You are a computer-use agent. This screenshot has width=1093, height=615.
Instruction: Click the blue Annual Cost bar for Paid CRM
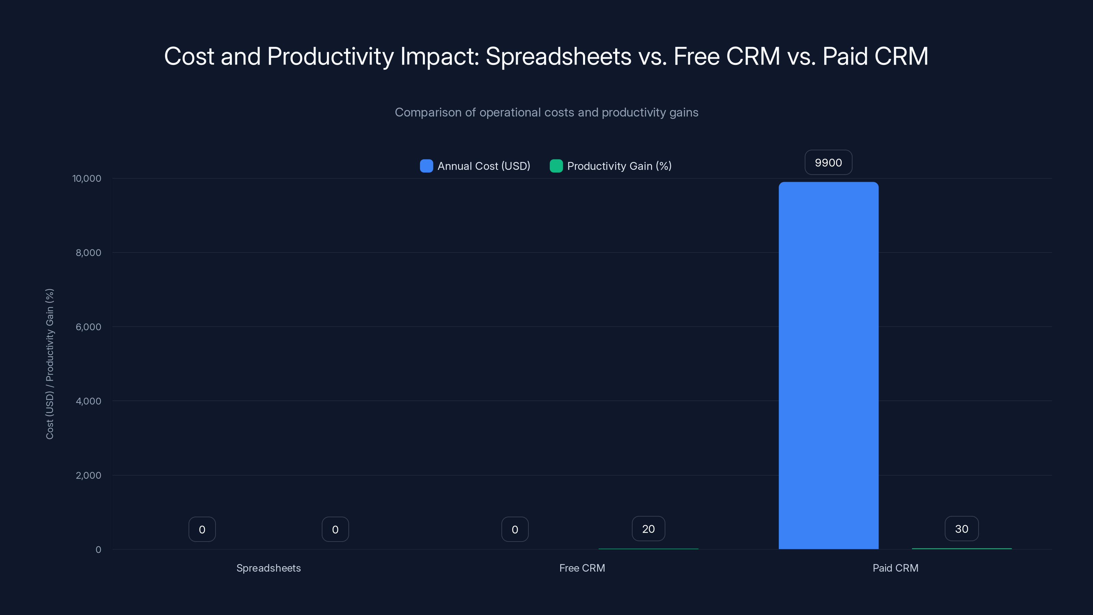point(828,365)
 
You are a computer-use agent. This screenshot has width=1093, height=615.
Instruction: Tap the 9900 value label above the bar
point(828,163)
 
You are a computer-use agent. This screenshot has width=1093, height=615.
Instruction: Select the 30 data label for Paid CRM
point(961,529)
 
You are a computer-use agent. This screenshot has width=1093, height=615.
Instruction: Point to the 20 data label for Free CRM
point(648,529)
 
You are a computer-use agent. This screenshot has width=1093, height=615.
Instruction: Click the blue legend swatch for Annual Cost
point(426,166)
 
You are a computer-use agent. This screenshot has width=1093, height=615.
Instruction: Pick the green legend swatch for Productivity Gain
point(556,166)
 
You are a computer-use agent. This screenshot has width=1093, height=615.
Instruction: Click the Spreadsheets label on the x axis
point(268,568)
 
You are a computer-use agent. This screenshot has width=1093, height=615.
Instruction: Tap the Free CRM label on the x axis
point(582,568)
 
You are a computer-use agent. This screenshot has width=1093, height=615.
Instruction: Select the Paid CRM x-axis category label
point(895,568)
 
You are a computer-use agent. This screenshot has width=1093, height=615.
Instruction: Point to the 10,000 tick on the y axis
point(87,179)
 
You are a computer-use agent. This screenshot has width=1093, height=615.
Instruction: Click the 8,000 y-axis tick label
point(88,253)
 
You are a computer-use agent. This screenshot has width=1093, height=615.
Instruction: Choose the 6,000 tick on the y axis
point(88,327)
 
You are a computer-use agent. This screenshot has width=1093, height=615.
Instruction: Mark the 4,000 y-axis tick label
point(88,401)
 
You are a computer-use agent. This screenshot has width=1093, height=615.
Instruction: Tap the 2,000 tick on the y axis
point(88,475)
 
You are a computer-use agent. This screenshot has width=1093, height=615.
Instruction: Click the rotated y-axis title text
point(50,364)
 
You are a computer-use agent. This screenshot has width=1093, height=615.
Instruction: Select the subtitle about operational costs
point(546,112)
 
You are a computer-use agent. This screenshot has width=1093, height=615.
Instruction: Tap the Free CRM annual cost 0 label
point(515,529)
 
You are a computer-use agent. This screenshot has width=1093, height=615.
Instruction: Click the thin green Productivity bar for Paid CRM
point(961,548)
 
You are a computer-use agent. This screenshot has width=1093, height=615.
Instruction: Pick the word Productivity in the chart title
point(330,56)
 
